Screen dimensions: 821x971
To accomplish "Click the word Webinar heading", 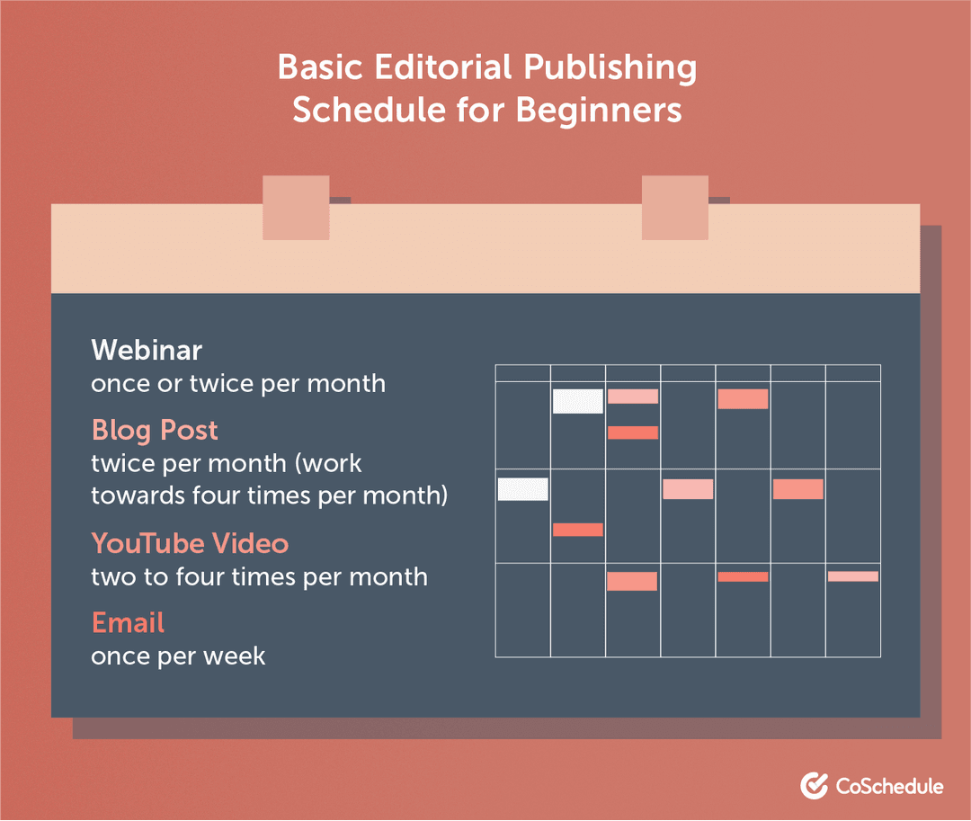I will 147,349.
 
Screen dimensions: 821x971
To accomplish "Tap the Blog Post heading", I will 155,430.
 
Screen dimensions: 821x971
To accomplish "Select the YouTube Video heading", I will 190,543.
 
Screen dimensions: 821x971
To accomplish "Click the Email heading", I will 128,622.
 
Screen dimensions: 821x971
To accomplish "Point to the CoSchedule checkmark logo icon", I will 814,785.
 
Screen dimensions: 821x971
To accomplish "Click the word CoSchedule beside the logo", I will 889,786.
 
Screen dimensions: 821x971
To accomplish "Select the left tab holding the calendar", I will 296,208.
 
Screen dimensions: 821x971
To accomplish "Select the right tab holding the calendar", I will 675,208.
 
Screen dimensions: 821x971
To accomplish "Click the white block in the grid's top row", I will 577,401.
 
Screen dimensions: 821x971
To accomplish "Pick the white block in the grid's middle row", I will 522,489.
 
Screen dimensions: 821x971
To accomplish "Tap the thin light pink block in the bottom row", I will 852,576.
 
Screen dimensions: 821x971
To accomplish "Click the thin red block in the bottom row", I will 743,576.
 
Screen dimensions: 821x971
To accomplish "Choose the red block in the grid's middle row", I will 577,530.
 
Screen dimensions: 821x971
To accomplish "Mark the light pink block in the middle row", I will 688,489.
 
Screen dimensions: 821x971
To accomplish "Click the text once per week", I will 178,656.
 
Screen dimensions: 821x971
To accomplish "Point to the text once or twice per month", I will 238,383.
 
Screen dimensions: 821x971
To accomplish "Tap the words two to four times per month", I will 259,576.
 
